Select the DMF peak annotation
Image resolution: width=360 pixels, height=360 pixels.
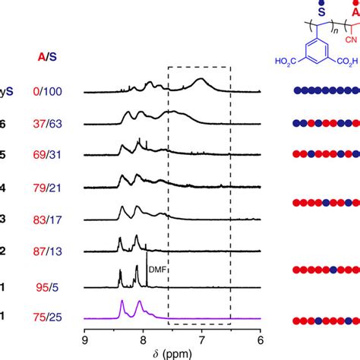[156, 268]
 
